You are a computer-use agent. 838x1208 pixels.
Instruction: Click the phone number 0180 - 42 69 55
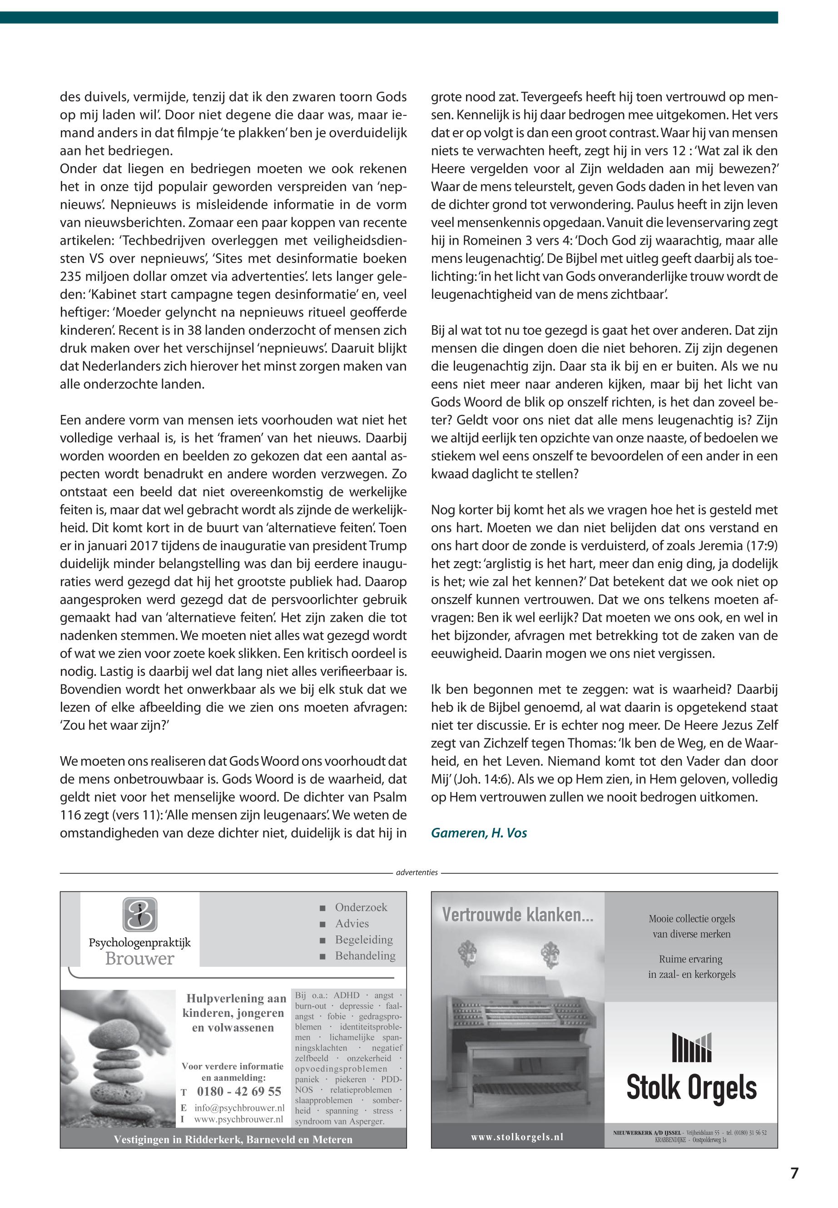coord(239,1091)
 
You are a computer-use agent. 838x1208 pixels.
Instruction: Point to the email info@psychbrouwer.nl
coord(239,1108)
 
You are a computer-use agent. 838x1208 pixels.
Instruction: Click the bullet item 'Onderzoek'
coord(361,907)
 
